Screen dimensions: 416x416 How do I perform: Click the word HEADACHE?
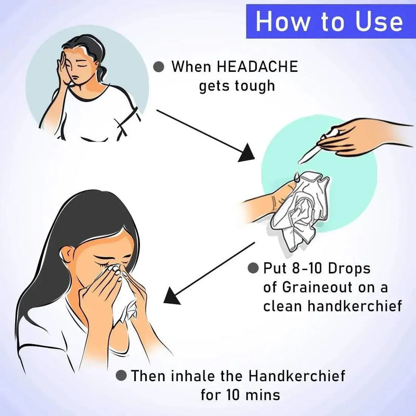pos(257,67)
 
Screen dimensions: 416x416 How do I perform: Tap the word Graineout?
pos(316,287)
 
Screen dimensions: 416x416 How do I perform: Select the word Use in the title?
pos(379,21)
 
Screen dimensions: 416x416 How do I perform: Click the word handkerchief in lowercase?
pos(355,306)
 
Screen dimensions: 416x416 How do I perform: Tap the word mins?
pos(263,395)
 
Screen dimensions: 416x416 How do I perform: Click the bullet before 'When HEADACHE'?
pos(159,67)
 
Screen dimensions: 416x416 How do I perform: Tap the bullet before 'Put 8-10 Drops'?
pos(253,268)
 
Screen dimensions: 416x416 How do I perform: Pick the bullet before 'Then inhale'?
pos(121,375)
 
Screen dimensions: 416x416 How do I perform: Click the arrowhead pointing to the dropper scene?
pos(246,153)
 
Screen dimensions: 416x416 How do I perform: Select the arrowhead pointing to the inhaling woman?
pos(172,296)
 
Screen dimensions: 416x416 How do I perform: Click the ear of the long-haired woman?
pos(67,256)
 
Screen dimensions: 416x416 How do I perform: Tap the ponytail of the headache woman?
pos(102,72)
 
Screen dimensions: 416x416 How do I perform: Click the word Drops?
pos(349,269)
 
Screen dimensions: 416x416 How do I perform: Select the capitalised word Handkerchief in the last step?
pos(297,375)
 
